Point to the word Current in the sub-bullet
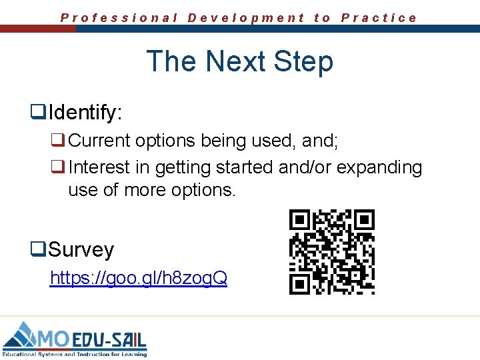click(x=99, y=141)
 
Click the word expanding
click(x=379, y=167)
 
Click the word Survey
click(x=81, y=249)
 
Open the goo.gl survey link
click(x=139, y=277)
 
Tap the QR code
click(x=331, y=251)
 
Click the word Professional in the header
click(x=119, y=18)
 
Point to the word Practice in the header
click(x=379, y=18)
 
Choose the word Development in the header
click(x=246, y=18)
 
